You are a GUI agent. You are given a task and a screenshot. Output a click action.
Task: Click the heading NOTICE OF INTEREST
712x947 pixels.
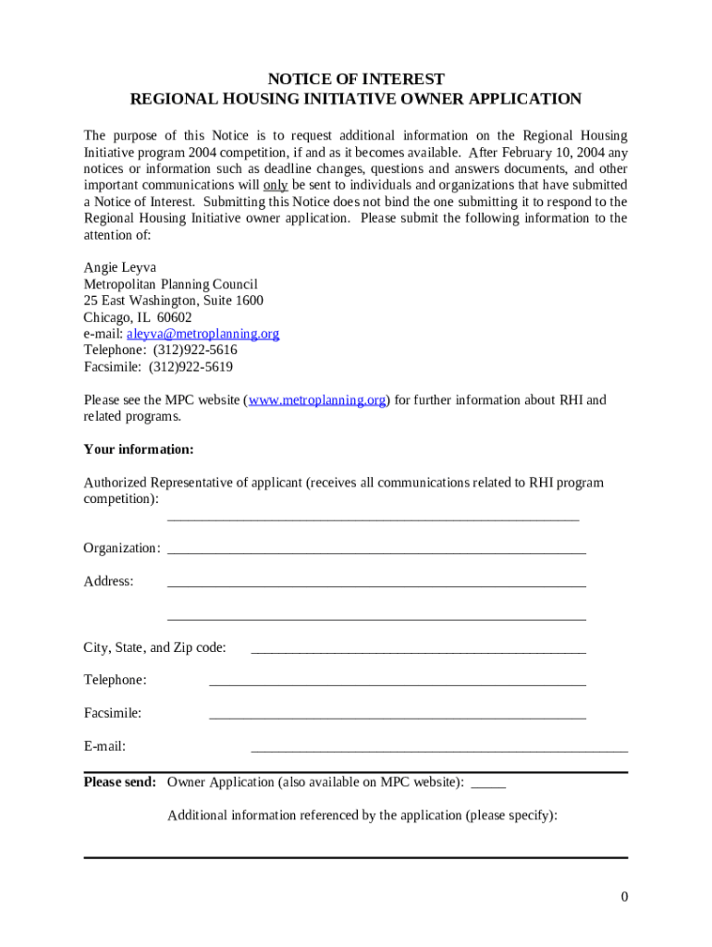click(355, 80)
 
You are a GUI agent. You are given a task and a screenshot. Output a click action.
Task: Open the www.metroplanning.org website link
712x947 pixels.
click(316, 400)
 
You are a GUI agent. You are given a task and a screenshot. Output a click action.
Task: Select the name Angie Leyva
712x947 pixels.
click(120, 267)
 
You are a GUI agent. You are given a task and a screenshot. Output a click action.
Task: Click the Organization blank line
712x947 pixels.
click(376, 551)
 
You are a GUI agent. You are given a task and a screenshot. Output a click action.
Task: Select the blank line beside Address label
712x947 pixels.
click(376, 584)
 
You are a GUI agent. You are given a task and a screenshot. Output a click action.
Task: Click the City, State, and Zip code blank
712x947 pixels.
click(418, 651)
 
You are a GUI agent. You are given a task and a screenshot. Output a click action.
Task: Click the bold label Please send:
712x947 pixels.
click(119, 782)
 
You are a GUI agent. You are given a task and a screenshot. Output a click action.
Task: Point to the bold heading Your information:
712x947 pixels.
click(139, 450)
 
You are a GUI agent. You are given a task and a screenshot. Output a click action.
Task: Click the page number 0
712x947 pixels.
click(624, 897)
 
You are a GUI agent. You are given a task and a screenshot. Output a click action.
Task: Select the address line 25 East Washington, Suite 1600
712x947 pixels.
click(173, 301)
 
